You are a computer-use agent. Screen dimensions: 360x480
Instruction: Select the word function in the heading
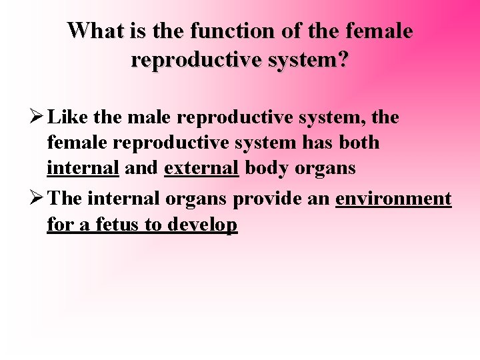(x=222, y=31)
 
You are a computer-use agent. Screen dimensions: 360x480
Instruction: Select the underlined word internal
(x=83, y=168)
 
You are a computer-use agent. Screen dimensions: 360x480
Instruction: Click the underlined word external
(x=201, y=168)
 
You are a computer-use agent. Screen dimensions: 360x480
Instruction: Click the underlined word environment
(x=393, y=199)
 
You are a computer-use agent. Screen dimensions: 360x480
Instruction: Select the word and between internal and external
(x=141, y=168)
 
